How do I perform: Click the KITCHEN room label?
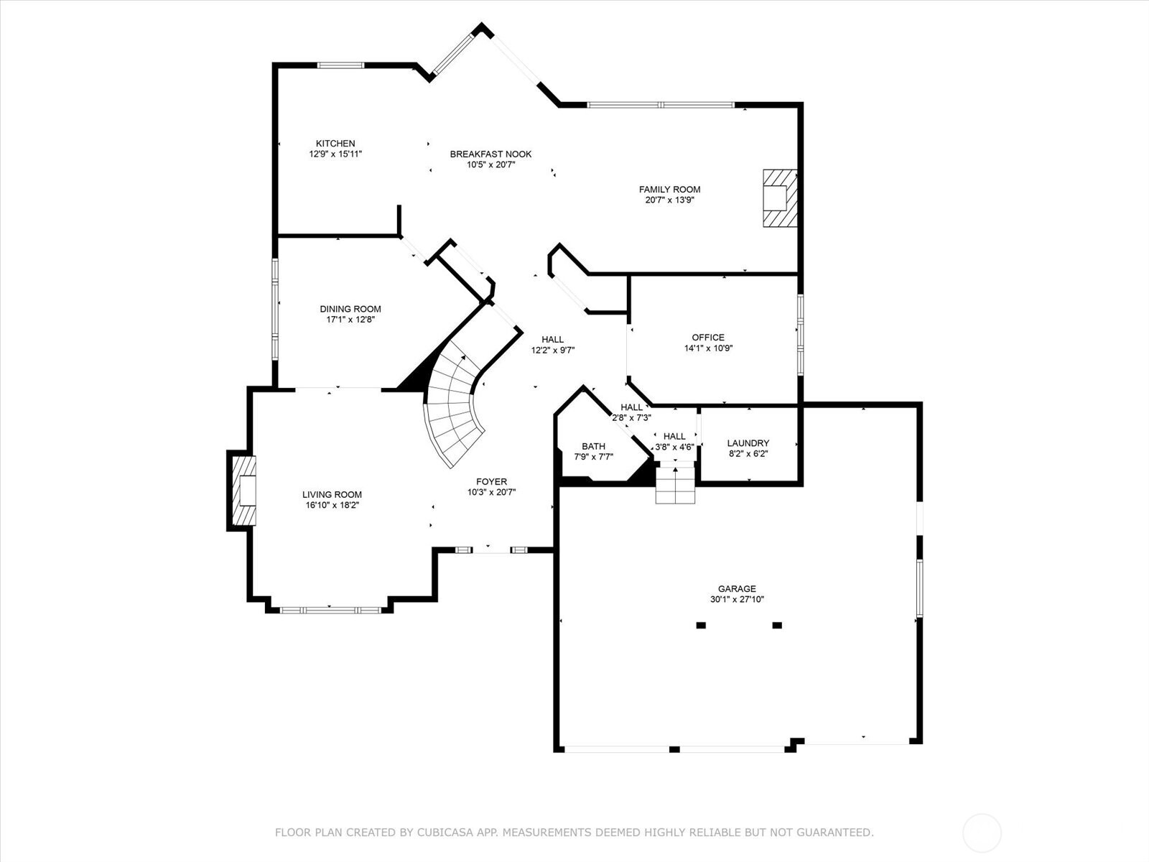(335, 144)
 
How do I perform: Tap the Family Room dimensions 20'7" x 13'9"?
(669, 200)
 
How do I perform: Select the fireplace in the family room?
(779, 198)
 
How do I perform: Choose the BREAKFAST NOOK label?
(490, 154)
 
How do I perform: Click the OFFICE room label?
(708, 338)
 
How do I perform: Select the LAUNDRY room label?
(748, 443)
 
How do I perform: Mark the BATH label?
(593, 446)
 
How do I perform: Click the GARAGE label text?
(737, 589)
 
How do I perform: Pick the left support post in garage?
(701, 625)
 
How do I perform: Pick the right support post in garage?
(777, 625)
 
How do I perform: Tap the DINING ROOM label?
(350, 309)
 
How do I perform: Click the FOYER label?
(491, 482)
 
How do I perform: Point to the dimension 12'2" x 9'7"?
(553, 351)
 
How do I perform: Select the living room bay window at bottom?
(330, 611)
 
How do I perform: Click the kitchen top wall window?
(341, 65)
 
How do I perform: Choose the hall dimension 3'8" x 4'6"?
(674, 447)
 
